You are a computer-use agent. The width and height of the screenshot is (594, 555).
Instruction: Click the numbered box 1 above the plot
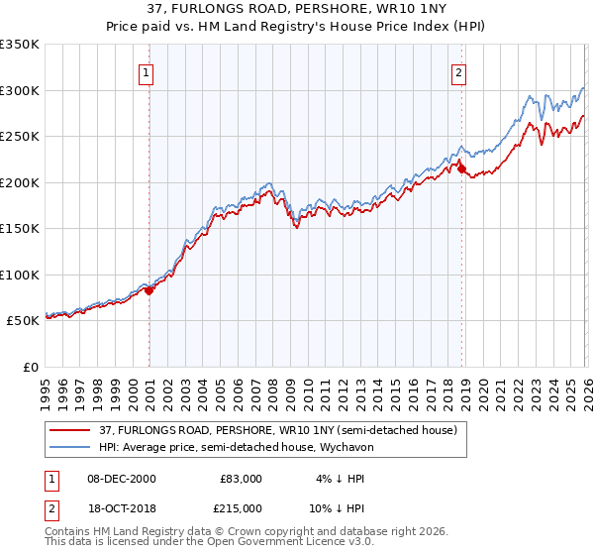click(x=146, y=71)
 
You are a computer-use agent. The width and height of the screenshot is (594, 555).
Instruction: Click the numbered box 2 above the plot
click(x=459, y=71)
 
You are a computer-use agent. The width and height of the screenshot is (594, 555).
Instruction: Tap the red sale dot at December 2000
click(x=149, y=290)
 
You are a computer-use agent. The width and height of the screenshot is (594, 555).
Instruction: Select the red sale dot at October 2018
click(x=462, y=169)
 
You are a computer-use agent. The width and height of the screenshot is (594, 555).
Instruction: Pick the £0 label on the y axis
click(x=32, y=367)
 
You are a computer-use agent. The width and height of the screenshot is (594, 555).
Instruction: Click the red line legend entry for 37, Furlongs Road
click(x=277, y=430)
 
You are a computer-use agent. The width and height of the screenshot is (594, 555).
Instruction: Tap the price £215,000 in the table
click(x=241, y=506)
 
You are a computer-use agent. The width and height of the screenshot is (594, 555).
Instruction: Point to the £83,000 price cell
click(x=241, y=479)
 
